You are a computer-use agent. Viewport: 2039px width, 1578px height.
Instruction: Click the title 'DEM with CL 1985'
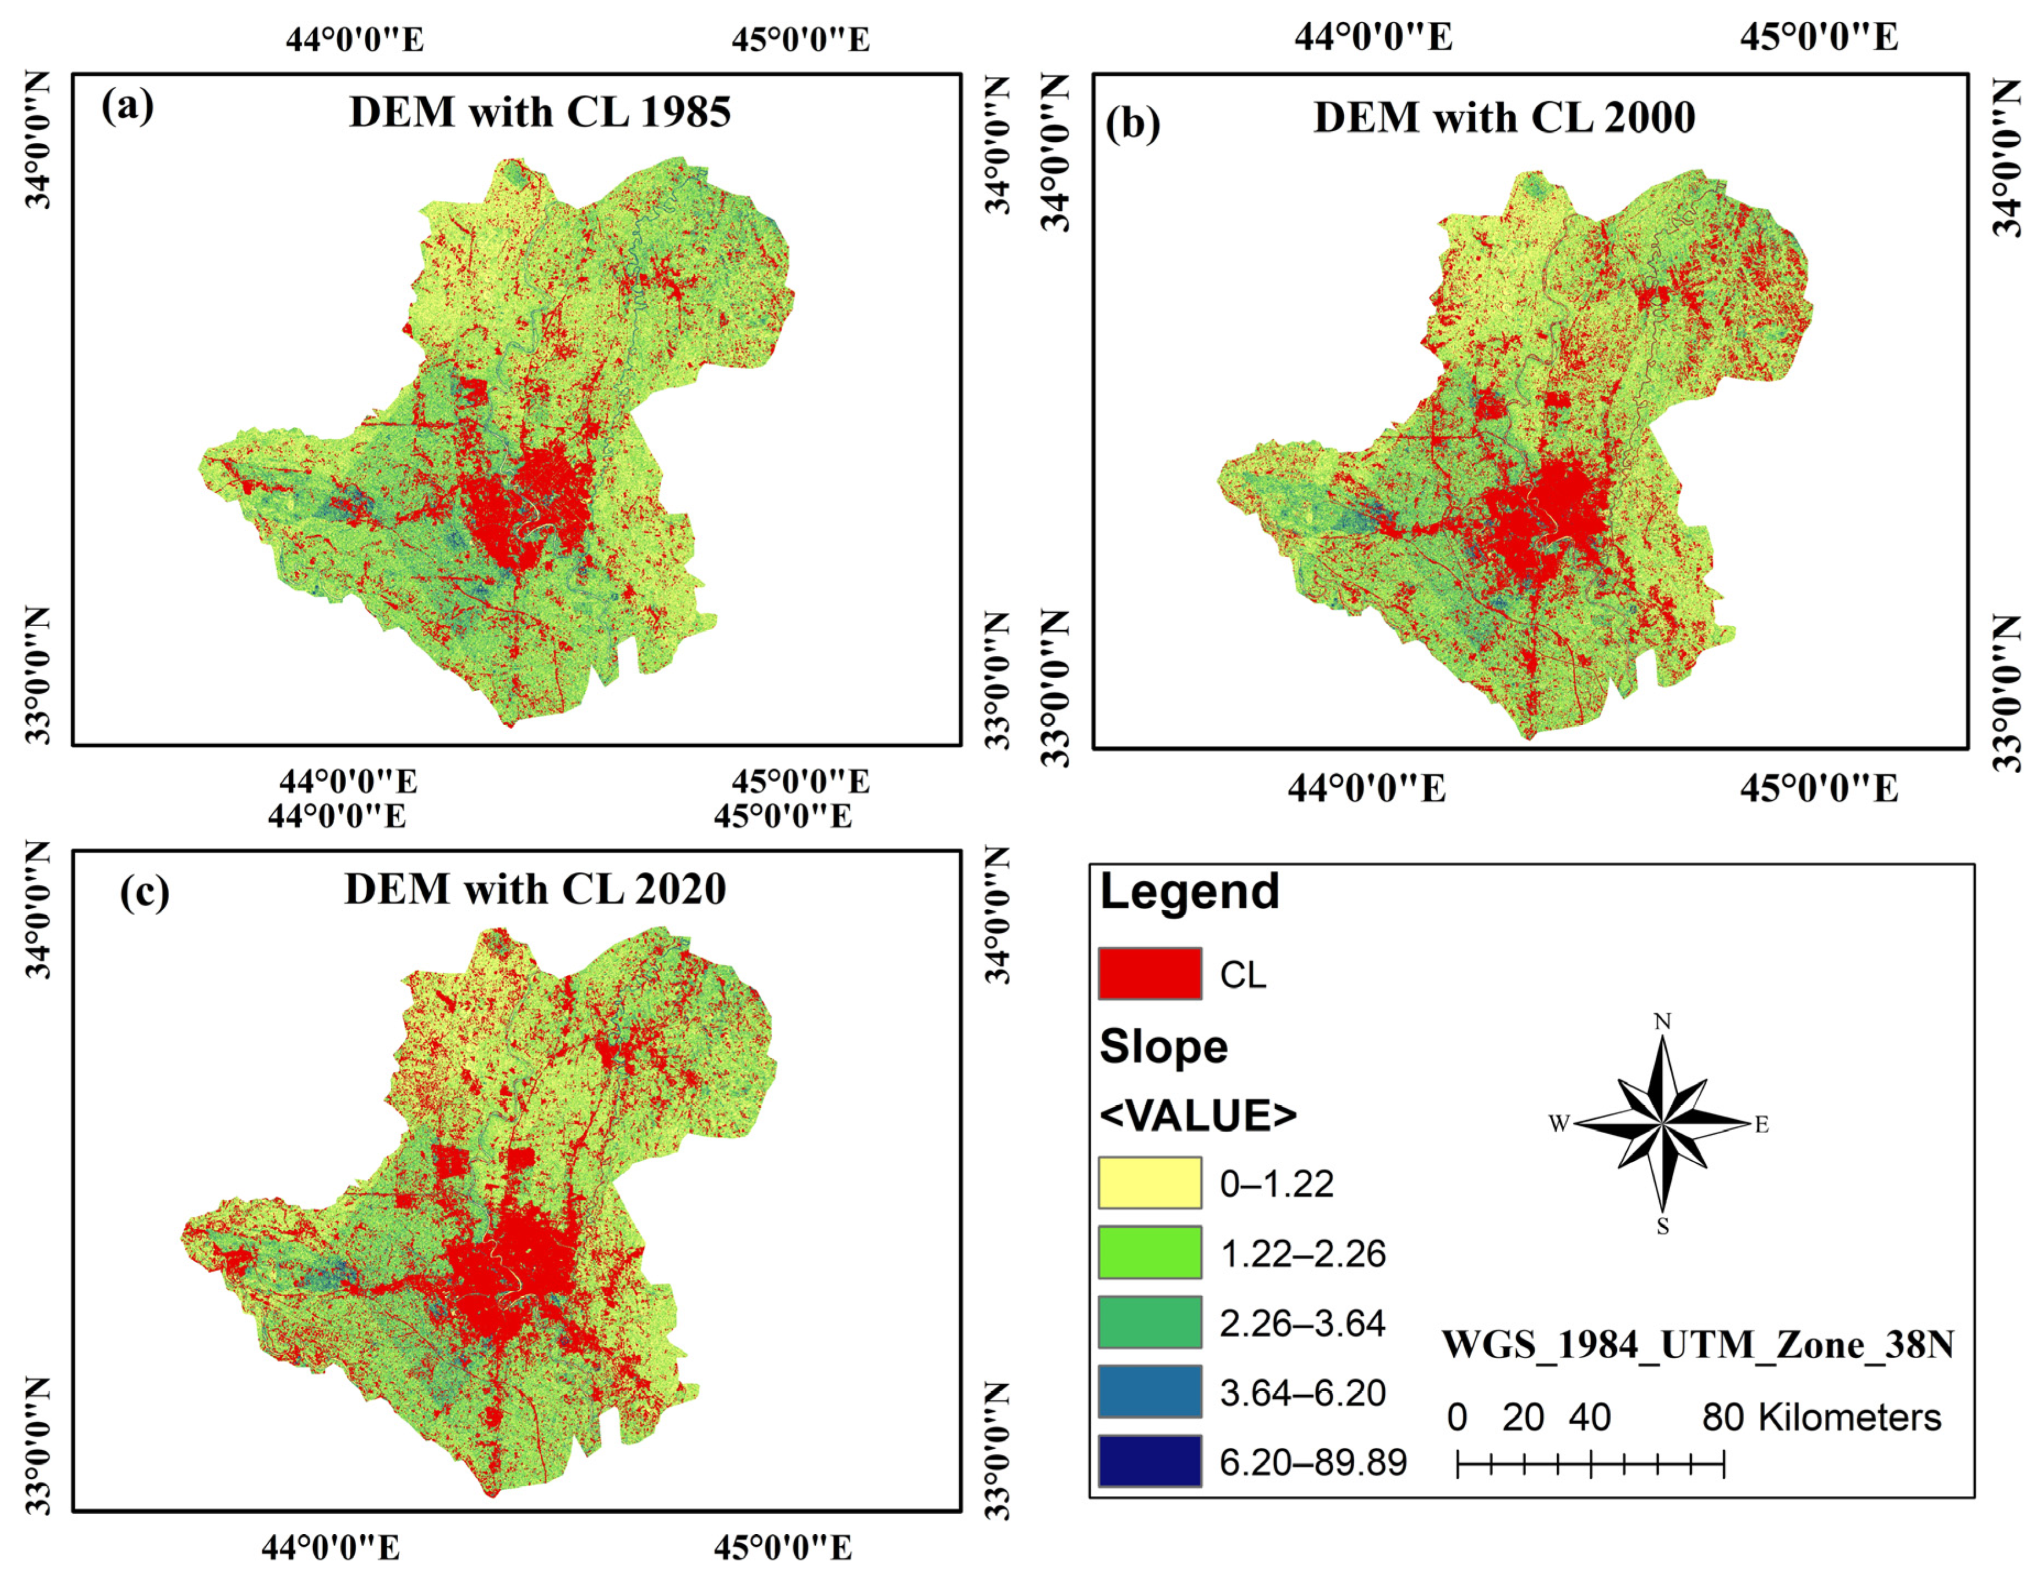[540, 112]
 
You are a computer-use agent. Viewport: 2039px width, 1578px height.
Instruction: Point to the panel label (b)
[1132, 123]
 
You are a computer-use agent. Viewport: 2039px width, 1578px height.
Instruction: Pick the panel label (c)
[145, 892]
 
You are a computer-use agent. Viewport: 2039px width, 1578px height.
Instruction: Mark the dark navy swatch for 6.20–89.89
[1149, 1461]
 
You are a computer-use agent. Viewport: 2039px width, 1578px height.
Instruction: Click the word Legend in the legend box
[1189, 892]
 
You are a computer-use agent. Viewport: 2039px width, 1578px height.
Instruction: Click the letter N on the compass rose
[1662, 1022]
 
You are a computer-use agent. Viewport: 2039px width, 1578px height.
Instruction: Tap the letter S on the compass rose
[1662, 1228]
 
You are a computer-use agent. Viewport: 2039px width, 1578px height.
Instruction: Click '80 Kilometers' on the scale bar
[1821, 1418]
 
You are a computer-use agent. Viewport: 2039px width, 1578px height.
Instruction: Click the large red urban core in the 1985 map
[523, 509]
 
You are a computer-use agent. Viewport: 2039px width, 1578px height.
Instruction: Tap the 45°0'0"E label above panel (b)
[1818, 38]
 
